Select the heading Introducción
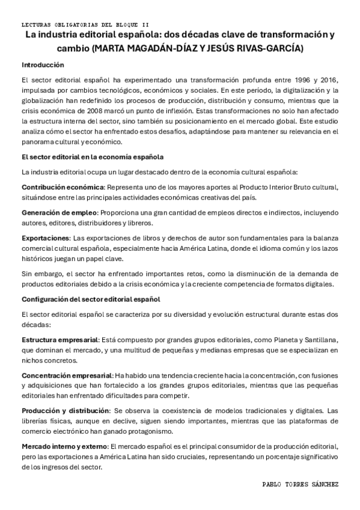pos(43,64)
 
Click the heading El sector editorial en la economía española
pos(92,158)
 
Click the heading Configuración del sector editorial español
pos(90,299)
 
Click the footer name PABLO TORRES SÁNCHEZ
pos(301,484)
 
